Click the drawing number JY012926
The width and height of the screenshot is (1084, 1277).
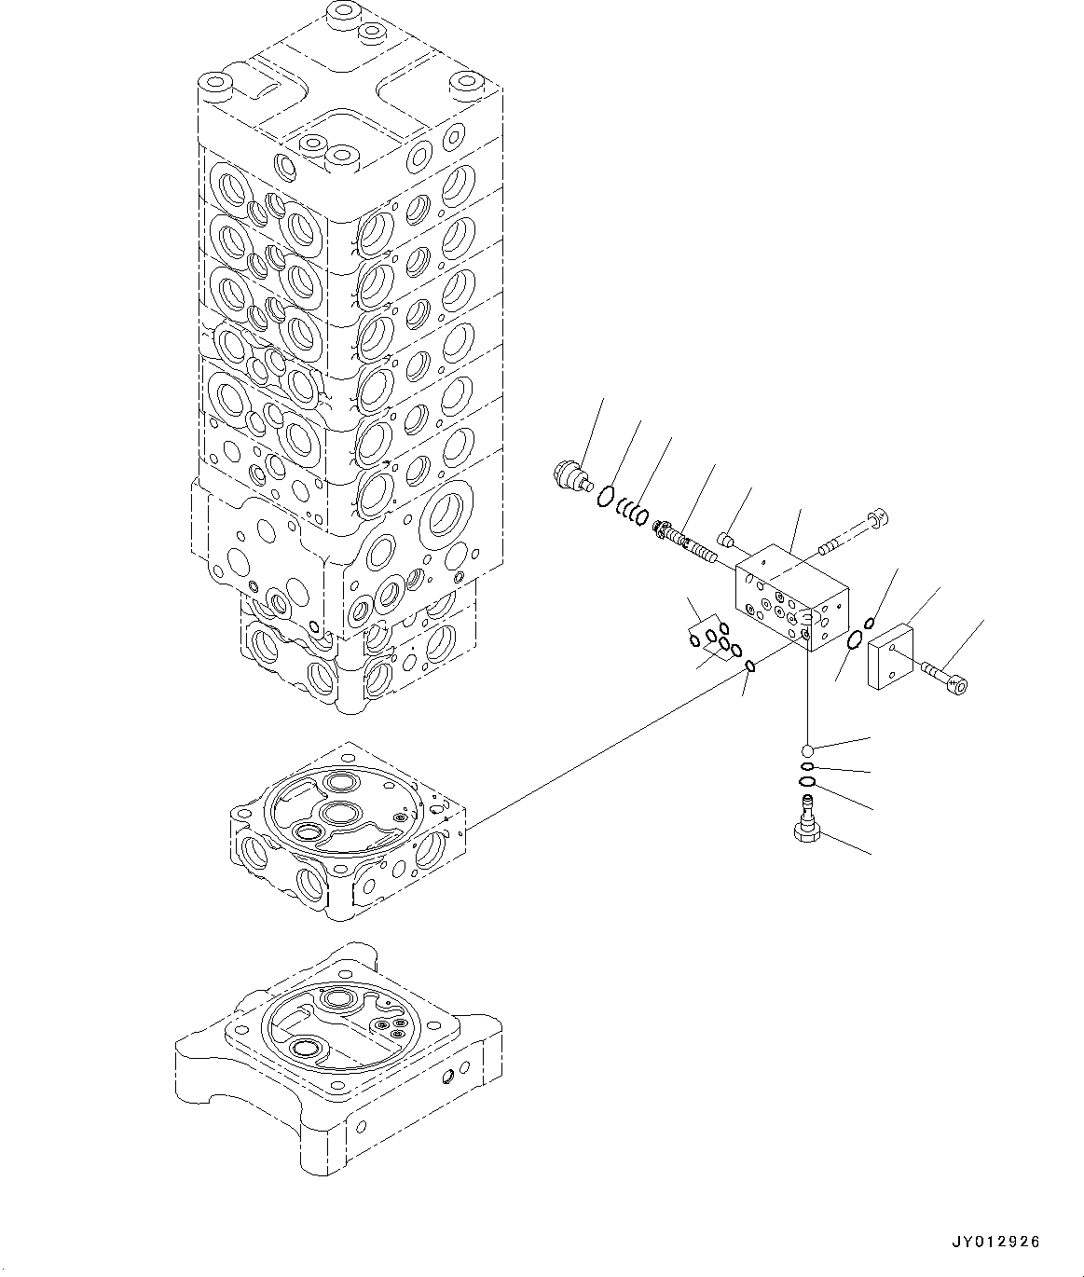pos(995,1242)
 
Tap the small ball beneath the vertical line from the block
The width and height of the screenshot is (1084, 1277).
pos(808,748)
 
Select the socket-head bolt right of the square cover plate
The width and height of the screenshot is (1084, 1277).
pos(944,678)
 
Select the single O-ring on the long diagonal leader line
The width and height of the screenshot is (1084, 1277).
pos(750,666)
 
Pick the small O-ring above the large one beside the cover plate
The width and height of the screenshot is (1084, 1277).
pos(869,623)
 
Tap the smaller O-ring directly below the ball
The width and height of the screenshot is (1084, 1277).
pos(808,767)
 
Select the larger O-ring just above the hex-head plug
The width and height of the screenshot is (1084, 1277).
pos(808,781)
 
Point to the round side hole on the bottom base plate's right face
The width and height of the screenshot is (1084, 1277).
pos(447,1078)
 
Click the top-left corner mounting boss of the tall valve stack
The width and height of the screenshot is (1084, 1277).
pos(218,88)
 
